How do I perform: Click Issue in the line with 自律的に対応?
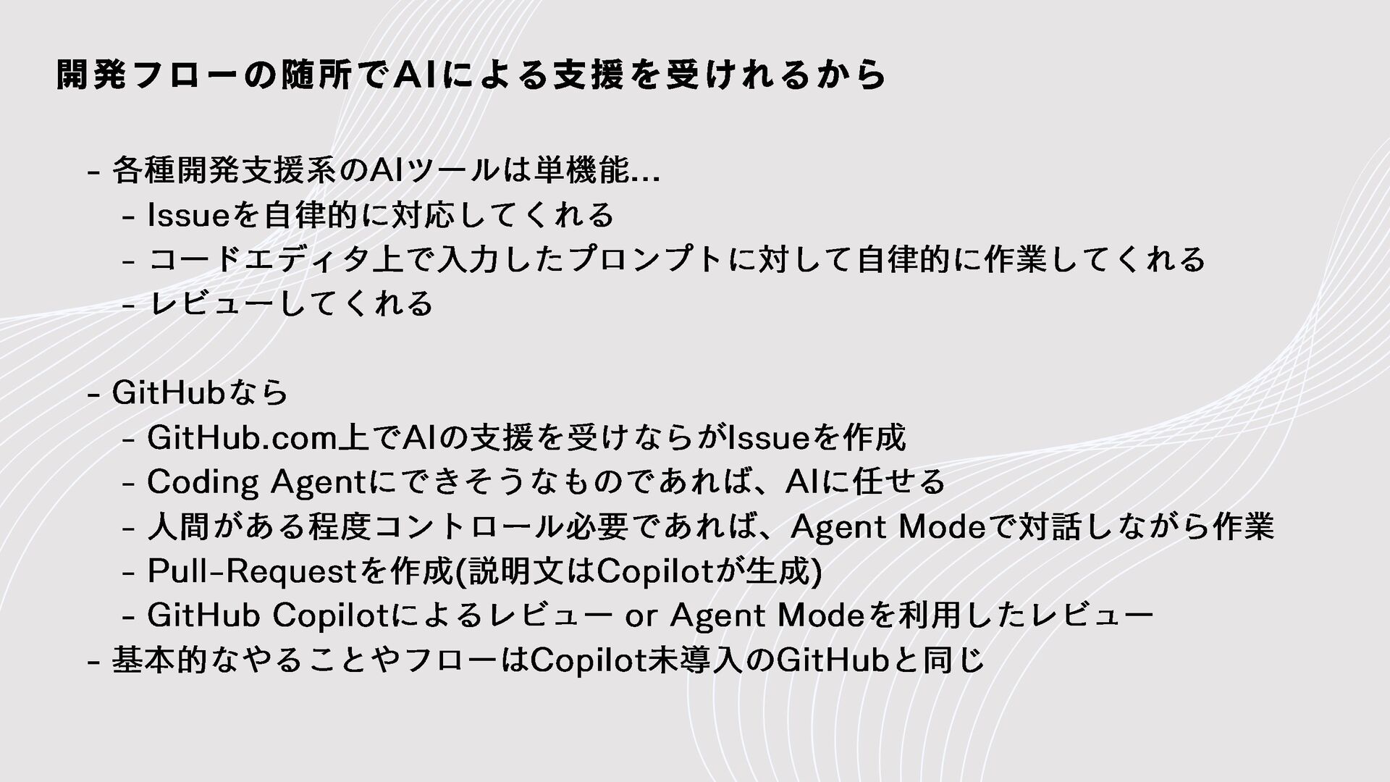188,215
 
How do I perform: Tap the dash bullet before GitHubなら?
92,395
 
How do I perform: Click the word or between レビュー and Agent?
640,616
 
